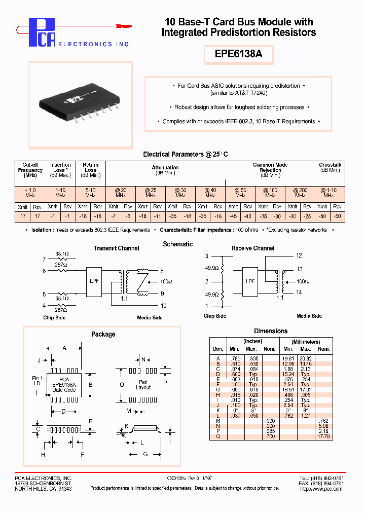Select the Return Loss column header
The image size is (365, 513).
point(90,167)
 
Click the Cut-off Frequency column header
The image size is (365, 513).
point(30,170)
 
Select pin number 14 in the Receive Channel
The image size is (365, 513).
point(299,293)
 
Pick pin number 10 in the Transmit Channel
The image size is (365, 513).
point(163,306)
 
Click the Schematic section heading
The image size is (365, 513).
point(177,244)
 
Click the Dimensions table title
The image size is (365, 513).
point(270,331)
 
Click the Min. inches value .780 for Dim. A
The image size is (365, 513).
point(234,358)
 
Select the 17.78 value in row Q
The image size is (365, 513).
point(323,436)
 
